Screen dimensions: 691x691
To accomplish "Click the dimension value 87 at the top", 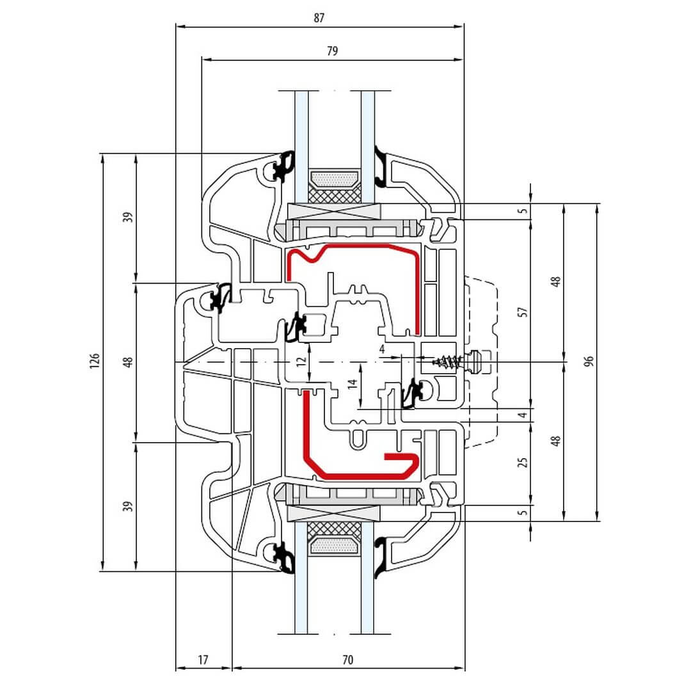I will point(319,18).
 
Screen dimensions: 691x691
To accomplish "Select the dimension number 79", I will point(332,51).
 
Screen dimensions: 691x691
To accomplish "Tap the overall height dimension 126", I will point(94,362).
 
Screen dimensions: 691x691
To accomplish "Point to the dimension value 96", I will point(589,362).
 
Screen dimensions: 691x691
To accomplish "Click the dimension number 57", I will point(523,312).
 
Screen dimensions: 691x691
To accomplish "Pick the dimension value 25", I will point(523,462).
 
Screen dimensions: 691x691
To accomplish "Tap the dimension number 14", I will point(351,385).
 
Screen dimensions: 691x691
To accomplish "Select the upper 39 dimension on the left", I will point(128,217).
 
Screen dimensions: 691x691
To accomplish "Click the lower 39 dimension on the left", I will point(128,506).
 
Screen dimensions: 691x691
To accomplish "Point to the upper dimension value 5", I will point(523,210).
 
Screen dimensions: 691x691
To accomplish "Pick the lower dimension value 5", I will point(523,512).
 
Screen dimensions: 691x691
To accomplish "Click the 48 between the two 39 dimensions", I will point(128,362).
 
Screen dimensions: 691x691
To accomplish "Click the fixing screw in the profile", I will point(449,362).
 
